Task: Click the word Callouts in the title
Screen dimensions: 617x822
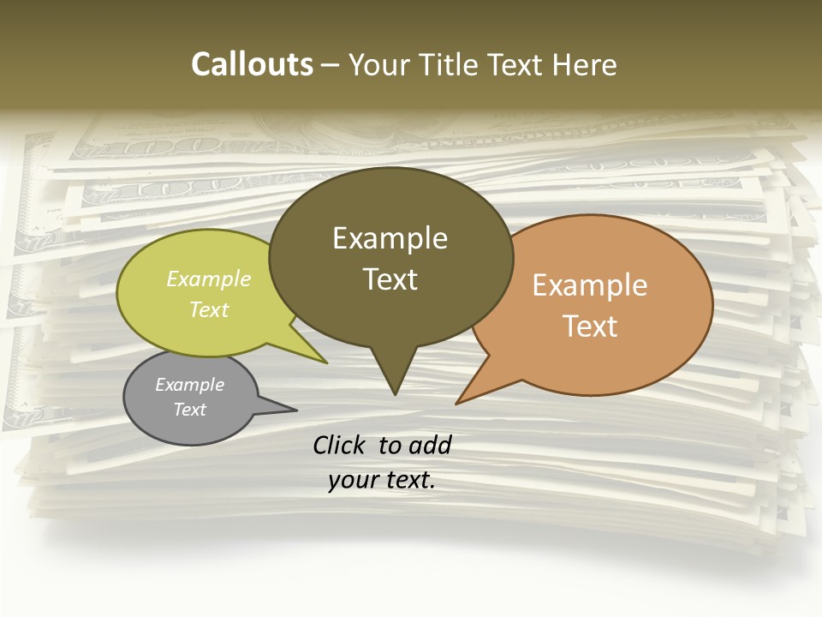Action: click(252, 65)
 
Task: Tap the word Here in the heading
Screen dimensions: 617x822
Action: click(581, 65)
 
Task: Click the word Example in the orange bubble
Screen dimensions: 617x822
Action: click(590, 285)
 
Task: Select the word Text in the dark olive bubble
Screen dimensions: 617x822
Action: click(390, 279)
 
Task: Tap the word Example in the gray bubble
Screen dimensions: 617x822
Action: click(189, 385)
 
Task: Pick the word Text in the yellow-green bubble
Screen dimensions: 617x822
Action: click(209, 309)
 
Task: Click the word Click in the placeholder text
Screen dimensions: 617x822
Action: click(340, 445)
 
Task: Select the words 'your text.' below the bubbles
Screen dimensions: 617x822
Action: click(382, 480)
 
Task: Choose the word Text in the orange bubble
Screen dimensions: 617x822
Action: click(591, 326)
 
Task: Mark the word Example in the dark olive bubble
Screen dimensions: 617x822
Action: click(390, 238)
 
